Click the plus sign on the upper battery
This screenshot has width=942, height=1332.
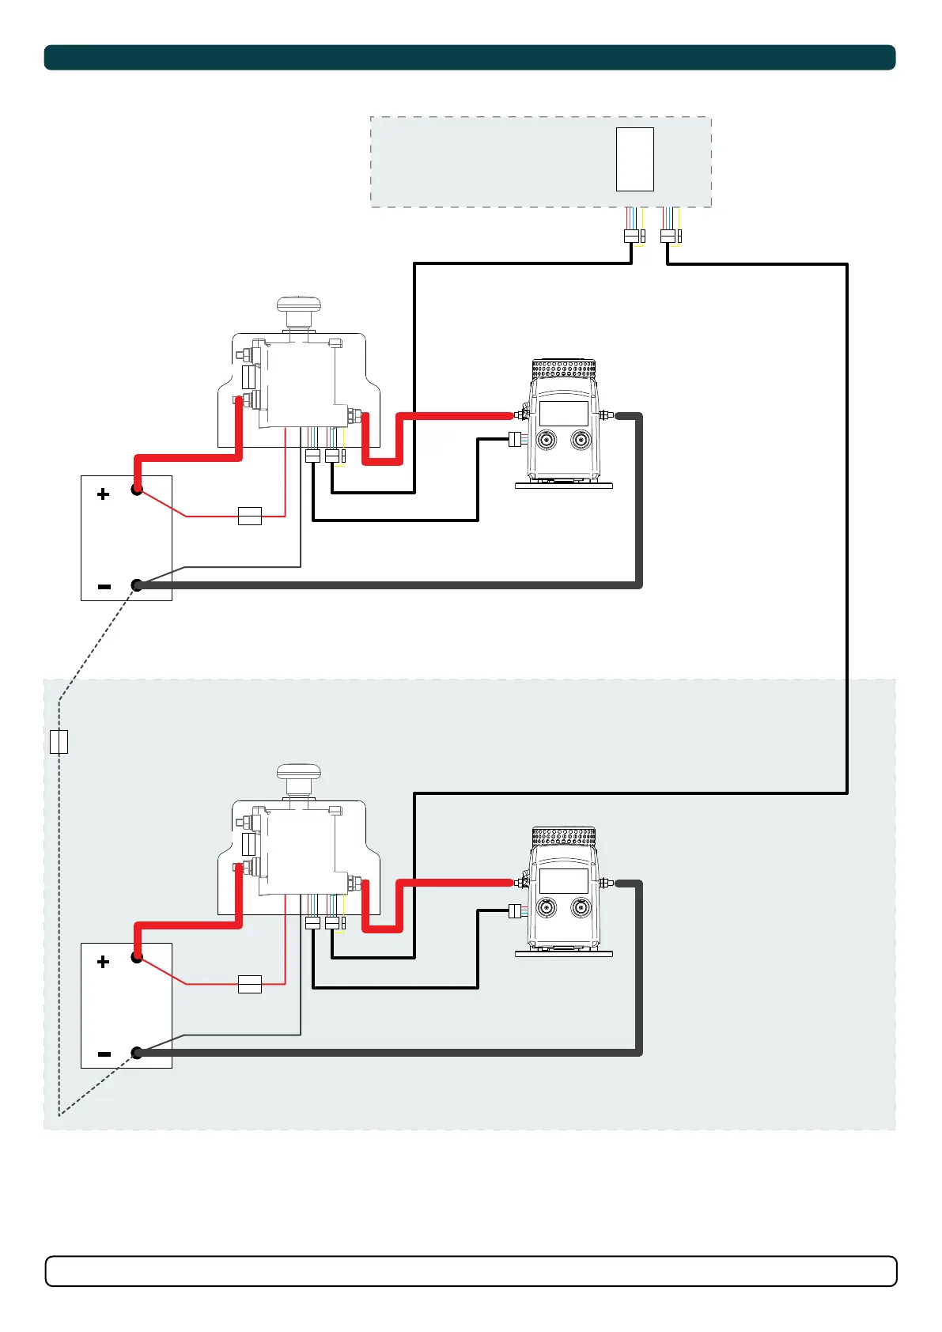pyautogui.click(x=103, y=494)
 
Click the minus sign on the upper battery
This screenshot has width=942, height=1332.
pyautogui.click(x=104, y=587)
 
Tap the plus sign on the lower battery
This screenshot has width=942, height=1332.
pyautogui.click(x=103, y=962)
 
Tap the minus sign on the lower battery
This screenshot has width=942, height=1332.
pyautogui.click(x=104, y=1054)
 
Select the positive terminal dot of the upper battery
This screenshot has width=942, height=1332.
pyautogui.click(x=137, y=490)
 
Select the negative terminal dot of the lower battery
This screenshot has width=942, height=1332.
pyautogui.click(x=137, y=1053)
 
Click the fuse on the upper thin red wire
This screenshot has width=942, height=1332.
pyautogui.click(x=250, y=517)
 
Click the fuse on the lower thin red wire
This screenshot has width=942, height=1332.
pyautogui.click(x=250, y=984)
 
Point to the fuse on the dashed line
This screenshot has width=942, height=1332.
pyautogui.click(x=59, y=742)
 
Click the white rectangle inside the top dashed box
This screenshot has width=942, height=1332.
pyautogui.click(x=634, y=159)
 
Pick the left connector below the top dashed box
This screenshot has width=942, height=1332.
pyautogui.click(x=631, y=236)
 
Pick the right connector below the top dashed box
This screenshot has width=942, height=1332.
pyautogui.click(x=668, y=236)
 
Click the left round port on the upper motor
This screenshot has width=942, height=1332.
pyautogui.click(x=546, y=441)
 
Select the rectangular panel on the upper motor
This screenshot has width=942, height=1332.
pyautogui.click(x=563, y=414)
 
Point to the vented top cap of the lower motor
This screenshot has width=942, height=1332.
pyautogui.click(x=563, y=835)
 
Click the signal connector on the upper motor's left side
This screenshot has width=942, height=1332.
pyautogui.click(x=515, y=439)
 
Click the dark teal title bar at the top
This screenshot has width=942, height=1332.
pyautogui.click(x=470, y=58)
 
